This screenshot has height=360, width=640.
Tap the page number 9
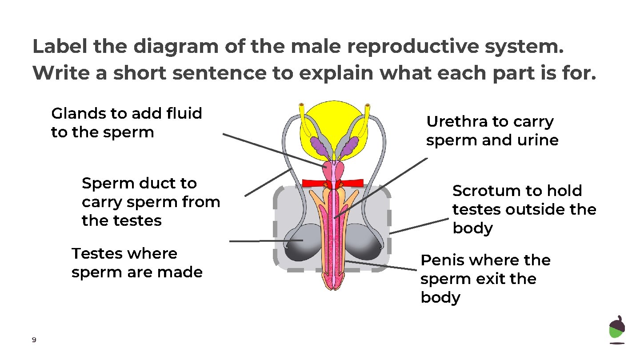pos(34,340)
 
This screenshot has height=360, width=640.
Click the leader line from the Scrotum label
pos(418,226)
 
